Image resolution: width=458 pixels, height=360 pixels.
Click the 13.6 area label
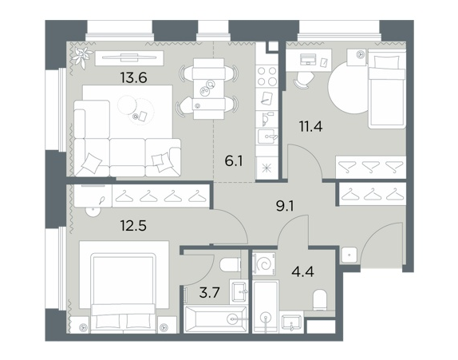point(133,77)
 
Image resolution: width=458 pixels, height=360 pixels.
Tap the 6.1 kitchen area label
point(234,161)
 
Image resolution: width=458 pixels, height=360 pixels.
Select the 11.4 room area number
point(310,127)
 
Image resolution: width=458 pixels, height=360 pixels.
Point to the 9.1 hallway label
point(285,206)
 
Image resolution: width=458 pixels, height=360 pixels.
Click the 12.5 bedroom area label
point(133,226)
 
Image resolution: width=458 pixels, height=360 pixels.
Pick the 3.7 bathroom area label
point(209,292)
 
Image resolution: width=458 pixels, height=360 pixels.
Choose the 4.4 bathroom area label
point(303,271)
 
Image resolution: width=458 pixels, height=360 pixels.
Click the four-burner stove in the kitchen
point(267,76)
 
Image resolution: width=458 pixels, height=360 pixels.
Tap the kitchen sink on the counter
point(267,136)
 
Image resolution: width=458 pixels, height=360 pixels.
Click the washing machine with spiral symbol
point(264,263)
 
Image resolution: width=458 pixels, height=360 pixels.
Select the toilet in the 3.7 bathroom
point(230,265)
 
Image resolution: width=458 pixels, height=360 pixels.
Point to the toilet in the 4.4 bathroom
point(320,300)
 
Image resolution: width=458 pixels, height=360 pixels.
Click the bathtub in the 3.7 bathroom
point(215,318)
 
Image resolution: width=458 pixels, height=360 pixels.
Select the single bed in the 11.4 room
point(387,89)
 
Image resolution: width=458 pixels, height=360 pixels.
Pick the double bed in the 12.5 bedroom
point(123,293)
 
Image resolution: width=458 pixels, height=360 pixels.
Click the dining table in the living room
point(208,89)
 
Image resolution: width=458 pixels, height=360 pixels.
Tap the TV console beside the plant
point(129,57)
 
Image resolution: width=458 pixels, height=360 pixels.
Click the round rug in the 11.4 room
point(349,87)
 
